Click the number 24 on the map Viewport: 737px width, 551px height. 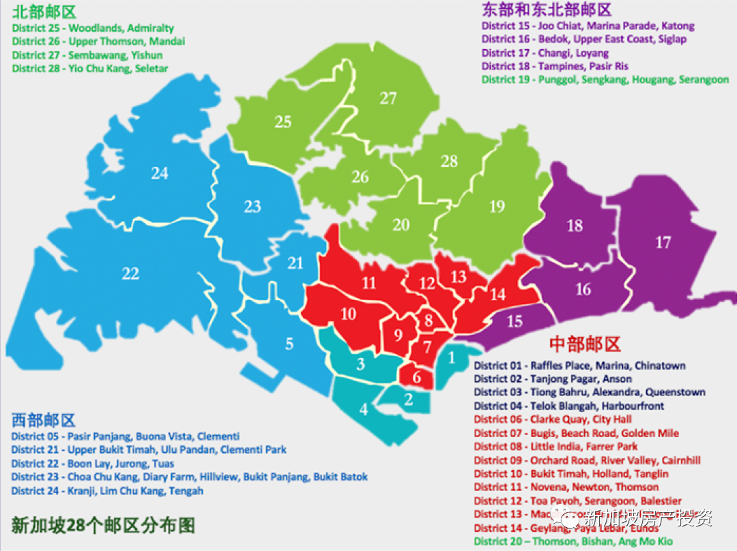point(160,174)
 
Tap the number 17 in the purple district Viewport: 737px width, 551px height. point(663,242)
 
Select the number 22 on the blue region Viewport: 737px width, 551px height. point(130,274)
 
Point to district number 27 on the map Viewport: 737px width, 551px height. point(388,99)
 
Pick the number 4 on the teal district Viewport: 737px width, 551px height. point(364,409)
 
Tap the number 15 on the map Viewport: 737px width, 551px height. point(514,321)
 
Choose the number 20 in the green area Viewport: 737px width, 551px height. point(401,225)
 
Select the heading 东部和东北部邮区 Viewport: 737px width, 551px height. point(546,10)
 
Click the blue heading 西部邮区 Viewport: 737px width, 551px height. point(43,420)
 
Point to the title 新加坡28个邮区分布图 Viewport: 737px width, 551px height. point(103,525)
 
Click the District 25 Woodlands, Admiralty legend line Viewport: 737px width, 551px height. point(93,29)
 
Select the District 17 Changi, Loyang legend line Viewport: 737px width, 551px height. point(545,53)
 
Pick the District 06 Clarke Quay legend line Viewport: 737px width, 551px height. point(553,419)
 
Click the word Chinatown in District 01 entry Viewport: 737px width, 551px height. point(659,366)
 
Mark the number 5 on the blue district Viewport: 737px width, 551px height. point(289,344)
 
